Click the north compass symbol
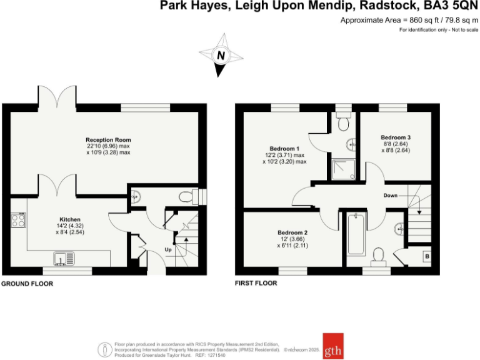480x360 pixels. point(220,56)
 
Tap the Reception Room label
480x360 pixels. point(108,139)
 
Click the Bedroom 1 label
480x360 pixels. point(284,149)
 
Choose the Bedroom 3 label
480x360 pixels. point(396,137)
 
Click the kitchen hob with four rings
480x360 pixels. point(18,220)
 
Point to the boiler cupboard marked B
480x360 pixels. point(427,256)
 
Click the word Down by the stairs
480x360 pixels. point(391,196)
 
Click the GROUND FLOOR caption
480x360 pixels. point(27,283)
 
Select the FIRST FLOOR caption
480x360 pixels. point(256,283)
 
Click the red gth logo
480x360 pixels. point(332,345)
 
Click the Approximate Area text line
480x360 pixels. point(409,20)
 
